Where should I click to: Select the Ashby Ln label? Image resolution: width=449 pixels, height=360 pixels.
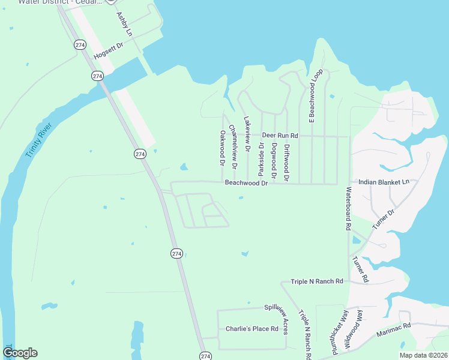coord(124,23)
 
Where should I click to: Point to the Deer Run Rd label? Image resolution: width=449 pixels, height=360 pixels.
coord(280,136)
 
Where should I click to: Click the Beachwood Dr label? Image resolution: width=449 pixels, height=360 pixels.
coord(246,183)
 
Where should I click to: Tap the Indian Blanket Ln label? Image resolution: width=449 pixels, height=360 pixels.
coord(384,182)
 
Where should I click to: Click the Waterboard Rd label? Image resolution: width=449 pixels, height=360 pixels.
coord(348,209)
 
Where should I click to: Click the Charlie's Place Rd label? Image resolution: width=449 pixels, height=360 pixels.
coord(252,329)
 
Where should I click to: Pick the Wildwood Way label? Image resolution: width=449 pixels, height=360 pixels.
coord(354,330)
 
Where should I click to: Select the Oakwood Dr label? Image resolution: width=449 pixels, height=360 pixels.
coord(222,148)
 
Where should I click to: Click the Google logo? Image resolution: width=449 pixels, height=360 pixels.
coord(20,353)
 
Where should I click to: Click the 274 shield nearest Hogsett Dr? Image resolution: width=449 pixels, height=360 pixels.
coord(80,45)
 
